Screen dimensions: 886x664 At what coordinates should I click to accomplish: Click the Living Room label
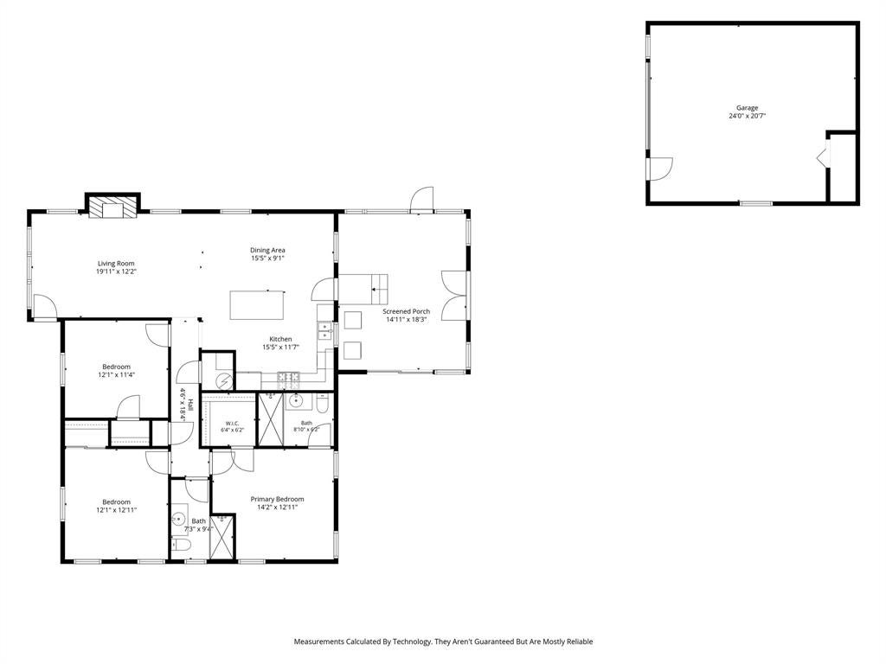point(116,263)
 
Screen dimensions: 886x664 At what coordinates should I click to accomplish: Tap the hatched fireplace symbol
point(113,207)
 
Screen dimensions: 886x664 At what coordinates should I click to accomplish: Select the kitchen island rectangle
point(256,305)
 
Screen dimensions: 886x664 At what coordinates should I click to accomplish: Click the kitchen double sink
point(325,331)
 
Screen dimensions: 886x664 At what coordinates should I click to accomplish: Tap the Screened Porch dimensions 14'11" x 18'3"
point(406,320)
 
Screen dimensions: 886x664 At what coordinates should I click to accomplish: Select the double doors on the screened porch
point(453,296)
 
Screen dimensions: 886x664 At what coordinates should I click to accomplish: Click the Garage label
point(747,108)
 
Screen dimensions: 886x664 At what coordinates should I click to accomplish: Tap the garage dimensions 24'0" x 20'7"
point(747,116)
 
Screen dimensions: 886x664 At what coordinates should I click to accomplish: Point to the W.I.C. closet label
point(232,424)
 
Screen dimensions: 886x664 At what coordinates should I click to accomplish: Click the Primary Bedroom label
point(277,499)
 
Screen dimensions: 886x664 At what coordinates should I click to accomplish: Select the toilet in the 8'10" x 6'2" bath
point(322,403)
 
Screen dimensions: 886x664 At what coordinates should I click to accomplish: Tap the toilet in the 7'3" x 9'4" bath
point(182,546)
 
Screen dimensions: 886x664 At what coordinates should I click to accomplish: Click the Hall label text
point(191,405)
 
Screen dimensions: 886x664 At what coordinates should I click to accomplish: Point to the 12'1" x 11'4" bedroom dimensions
point(117,374)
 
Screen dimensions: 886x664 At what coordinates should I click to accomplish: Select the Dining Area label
point(267,250)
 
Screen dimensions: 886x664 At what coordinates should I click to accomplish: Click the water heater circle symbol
point(225,380)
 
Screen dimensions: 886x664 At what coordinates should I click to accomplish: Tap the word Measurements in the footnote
point(318,642)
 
